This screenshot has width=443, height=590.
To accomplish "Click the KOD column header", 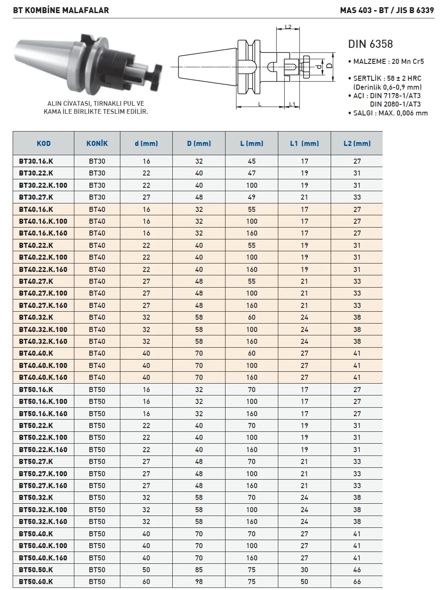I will [43, 143].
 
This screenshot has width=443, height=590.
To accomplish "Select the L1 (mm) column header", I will [304, 143].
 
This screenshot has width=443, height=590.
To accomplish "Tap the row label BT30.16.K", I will [36, 161].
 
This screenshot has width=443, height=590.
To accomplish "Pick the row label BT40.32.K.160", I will [43, 341].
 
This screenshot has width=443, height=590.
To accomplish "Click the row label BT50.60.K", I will [36, 582].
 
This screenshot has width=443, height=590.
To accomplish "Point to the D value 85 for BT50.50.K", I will [199, 570].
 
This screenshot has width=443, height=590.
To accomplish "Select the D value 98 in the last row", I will [199, 582].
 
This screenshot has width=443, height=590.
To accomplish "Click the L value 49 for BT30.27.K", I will [252, 197].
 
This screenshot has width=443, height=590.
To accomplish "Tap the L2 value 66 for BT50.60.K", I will [357, 582].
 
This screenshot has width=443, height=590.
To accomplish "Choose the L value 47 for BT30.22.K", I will [252, 173].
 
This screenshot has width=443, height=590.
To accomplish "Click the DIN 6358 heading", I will [370, 44].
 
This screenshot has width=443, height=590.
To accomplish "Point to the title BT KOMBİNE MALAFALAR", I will [61, 10].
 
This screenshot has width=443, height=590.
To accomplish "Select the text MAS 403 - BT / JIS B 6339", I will [387, 10].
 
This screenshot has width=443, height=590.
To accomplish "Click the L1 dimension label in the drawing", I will [292, 104].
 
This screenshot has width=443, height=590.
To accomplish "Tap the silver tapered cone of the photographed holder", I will [44, 59].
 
